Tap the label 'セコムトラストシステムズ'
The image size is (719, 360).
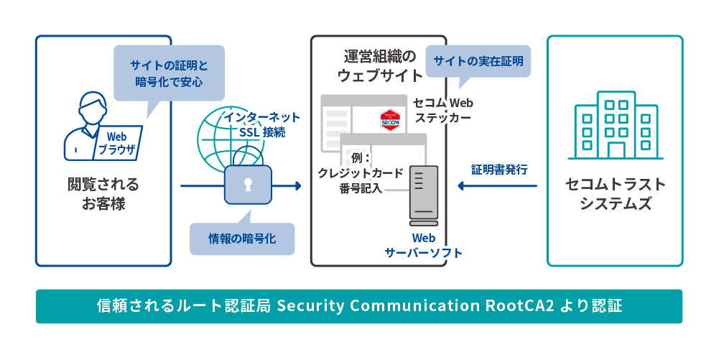(616, 194)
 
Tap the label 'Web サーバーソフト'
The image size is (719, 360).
(424, 245)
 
